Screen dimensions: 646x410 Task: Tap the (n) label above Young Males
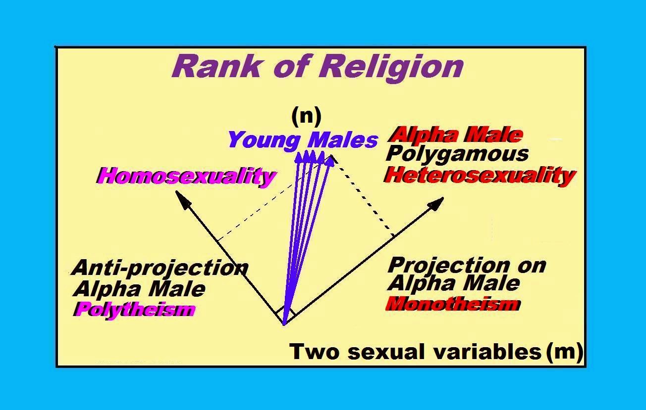(306, 116)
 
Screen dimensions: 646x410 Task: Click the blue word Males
(343, 140)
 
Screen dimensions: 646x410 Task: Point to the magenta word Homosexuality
(186, 176)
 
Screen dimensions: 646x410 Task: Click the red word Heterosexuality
(480, 176)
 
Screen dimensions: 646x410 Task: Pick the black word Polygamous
(457, 154)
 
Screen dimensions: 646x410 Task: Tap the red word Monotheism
(453, 304)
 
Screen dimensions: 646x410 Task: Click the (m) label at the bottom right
(564, 352)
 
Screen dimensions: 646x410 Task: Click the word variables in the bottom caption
(487, 352)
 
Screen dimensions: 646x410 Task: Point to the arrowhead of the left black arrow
(183, 198)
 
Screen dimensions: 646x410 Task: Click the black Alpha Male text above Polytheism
(139, 289)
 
